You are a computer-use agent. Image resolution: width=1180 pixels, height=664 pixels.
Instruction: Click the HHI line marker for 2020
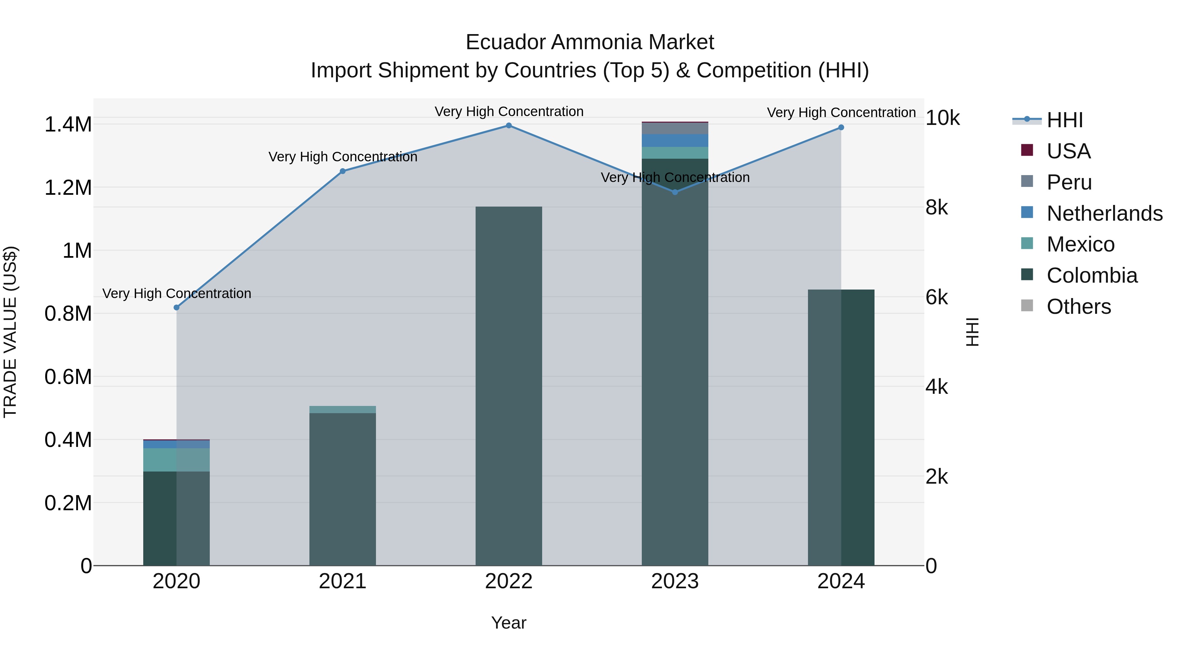pyautogui.click(x=176, y=308)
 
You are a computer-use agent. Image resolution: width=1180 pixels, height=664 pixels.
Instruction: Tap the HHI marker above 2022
pyautogui.click(x=509, y=126)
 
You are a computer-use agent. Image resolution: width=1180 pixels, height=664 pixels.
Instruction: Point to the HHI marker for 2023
pyautogui.click(x=675, y=192)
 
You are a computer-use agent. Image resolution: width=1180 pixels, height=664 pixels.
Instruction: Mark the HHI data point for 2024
pyautogui.click(x=841, y=128)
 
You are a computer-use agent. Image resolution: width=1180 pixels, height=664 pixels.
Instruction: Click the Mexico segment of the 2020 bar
pyautogui.click(x=176, y=460)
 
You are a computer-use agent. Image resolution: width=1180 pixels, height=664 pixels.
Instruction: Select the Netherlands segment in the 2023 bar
pyautogui.click(x=675, y=141)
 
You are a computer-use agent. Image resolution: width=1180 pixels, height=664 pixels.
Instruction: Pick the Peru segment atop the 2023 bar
pyautogui.click(x=675, y=128)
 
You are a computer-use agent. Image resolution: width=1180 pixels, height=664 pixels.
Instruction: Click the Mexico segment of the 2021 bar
pyautogui.click(x=343, y=410)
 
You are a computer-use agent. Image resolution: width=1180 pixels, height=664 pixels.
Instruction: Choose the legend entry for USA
pyautogui.click(x=1068, y=151)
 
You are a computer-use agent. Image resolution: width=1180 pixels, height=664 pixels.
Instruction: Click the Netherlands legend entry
pyautogui.click(x=1104, y=213)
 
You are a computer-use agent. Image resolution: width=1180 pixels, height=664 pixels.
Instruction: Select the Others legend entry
pyautogui.click(x=1078, y=307)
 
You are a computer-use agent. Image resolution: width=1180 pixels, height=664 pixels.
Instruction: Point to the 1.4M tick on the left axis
pyautogui.click(x=68, y=125)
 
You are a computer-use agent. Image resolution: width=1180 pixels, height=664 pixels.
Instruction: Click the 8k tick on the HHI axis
pyautogui.click(x=937, y=208)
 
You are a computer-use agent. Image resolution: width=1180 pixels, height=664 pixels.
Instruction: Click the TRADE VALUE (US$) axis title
pyautogui.click(x=10, y=332)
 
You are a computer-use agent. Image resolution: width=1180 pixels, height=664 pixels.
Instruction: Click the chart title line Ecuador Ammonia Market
pyautogui.click(x=590, y=43)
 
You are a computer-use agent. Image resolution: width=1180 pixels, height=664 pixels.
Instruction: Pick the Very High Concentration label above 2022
pyautogui.click(x=509, y=112)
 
